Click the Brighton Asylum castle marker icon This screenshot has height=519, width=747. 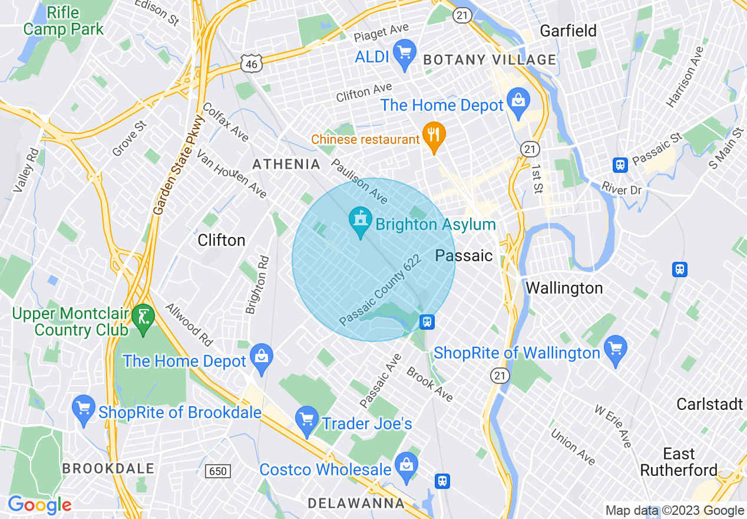click(361, 221)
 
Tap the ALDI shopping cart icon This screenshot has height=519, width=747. click(404, 53)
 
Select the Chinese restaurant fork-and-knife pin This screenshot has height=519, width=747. click(434, 136)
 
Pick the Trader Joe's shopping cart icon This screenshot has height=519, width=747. click(306, 420)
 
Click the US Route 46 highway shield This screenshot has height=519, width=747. click(252, 64)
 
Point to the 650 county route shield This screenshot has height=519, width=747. click(217, 471)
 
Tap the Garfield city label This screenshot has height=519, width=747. click(568, 31)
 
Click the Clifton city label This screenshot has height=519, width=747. click(222, 240)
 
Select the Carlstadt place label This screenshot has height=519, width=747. click(710, 405)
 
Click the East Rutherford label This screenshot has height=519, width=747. click(679, 462)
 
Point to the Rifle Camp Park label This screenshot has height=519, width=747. click(63, 21)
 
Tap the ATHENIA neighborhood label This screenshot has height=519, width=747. click(286, 165)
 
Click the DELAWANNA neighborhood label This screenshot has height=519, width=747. click(356, 503)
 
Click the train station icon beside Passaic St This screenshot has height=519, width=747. click(620, 165)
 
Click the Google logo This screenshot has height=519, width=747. click(39, 505)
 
